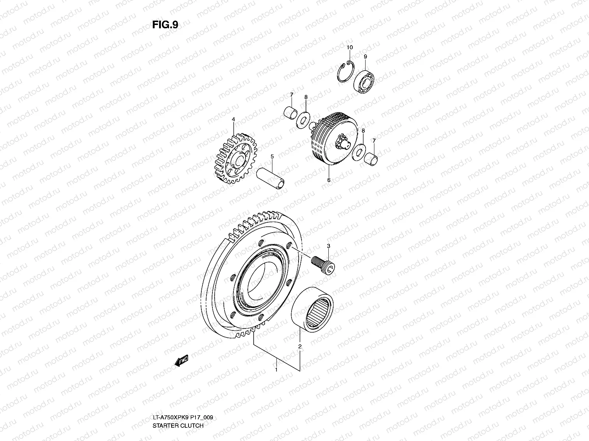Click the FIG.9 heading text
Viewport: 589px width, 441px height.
pos(165,25)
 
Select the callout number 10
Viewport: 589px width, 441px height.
pos(349,47)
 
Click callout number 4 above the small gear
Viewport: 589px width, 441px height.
pos(233,119)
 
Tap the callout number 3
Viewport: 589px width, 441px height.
pos(328,245)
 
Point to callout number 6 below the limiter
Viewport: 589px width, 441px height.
pos(329,180)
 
